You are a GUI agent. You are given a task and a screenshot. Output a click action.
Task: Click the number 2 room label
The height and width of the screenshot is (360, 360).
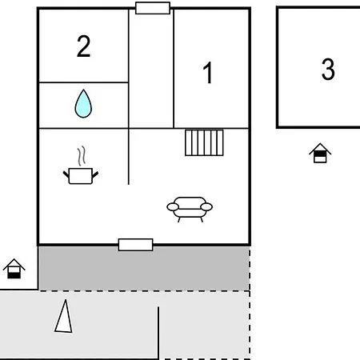point(84,46)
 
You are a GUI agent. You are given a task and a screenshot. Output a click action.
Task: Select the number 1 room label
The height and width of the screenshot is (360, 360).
point(208,73)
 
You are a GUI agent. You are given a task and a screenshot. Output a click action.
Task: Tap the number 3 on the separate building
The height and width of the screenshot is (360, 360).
point(328,70)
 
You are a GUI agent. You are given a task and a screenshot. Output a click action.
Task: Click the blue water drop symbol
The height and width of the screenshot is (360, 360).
point(83,103)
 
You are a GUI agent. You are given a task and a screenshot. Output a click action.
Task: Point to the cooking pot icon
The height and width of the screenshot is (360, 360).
point(81,176)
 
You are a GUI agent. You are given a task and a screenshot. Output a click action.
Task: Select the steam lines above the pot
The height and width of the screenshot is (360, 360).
point(82,155)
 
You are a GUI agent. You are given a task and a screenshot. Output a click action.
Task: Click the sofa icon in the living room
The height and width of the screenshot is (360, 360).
point(190,209)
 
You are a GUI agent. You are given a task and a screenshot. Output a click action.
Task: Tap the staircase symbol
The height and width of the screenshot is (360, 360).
point(204,142)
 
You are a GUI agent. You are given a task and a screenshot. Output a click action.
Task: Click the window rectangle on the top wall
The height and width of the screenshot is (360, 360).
point(153,8)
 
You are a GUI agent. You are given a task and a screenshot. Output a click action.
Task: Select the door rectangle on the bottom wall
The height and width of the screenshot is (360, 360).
point(136,245)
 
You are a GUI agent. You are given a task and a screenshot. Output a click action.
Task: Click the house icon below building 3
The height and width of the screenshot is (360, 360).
point(320,153)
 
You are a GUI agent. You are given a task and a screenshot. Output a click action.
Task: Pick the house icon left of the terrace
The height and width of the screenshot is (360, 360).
point(14,269)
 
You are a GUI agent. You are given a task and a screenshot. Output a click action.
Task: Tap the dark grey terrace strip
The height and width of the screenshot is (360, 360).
point(144,268)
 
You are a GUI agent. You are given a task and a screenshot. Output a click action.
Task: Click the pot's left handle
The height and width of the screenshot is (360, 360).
point(66,174)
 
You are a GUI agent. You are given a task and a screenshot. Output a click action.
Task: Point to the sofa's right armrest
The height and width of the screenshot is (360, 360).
point(206,206)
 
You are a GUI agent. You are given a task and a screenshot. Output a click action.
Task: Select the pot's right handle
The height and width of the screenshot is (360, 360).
point(95,174)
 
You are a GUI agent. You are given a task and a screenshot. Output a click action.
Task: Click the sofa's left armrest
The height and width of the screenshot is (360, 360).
point(173,206)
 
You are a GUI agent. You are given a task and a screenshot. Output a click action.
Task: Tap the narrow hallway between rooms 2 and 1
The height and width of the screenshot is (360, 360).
point(151,70)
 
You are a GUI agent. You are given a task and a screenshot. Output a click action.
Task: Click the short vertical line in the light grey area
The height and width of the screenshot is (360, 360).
point(158,333)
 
